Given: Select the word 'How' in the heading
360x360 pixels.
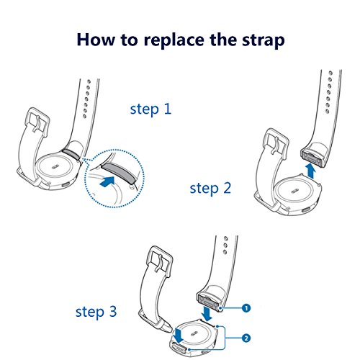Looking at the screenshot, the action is [x=96, y=40].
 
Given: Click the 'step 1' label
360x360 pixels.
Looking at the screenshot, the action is [x=150, y=109].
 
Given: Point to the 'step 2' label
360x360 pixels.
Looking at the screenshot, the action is [x=210, y=189].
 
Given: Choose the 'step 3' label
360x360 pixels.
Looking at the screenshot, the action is [x=96, y=312].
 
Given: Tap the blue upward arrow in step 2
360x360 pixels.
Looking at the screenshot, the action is [x=311, y=171].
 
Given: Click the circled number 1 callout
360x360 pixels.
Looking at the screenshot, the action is [x=246, y=308].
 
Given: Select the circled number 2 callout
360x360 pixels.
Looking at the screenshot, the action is [x=246, y=338].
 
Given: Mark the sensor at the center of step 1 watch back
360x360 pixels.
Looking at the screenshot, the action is [x=55, y=166].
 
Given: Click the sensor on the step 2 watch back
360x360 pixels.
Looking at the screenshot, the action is [x=294, y=191].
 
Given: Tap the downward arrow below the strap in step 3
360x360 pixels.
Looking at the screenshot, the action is [x=207, y=312].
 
